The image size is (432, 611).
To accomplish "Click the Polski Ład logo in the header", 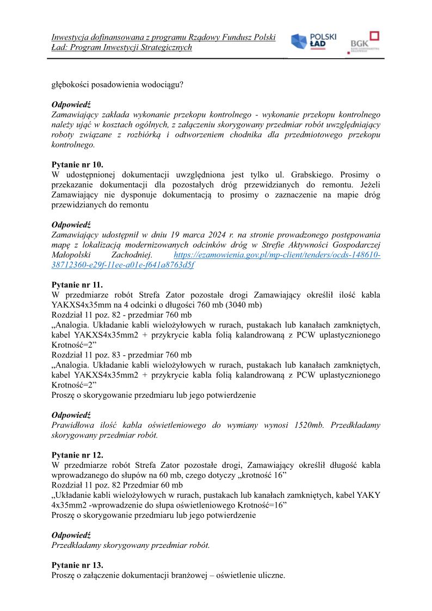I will (x=313, y=42).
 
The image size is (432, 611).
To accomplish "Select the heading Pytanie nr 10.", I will (x=78, y=164).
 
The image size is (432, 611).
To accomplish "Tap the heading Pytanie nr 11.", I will (x=77, y=285).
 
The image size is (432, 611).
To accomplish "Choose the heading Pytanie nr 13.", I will (x=77, y=565).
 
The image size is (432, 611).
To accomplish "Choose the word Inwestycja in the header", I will (x=71, y=38).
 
